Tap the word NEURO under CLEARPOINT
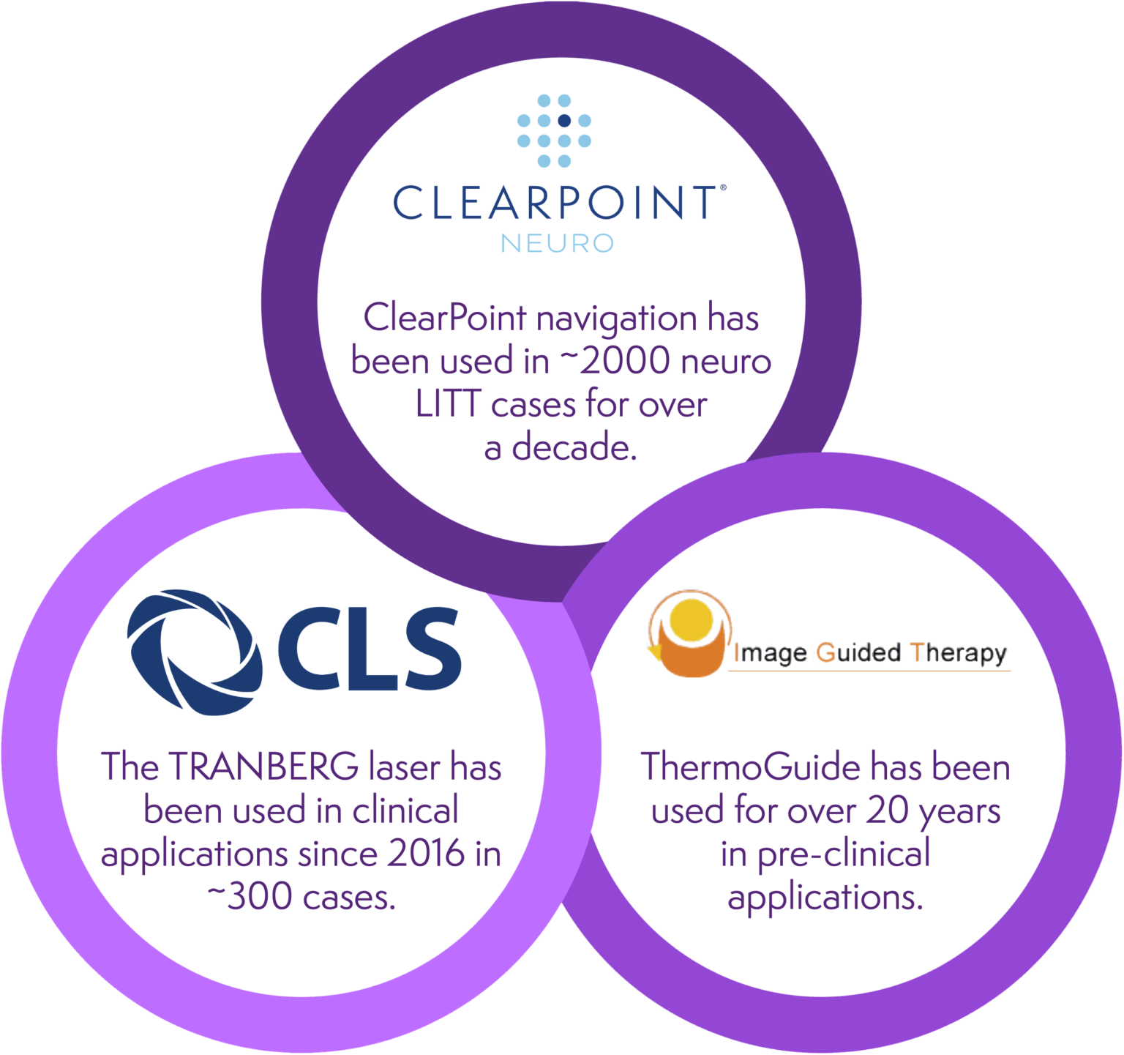point(558,242)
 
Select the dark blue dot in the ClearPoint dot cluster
point(564,121)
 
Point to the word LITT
point(447,405)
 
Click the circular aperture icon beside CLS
point(194,651)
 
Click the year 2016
point(427,854)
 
